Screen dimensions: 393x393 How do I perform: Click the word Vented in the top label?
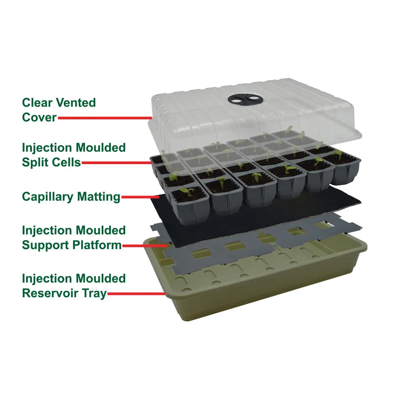pyautogui.click(x=76, y=103)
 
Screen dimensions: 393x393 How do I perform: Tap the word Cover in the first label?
pyautogui.click(x=39, y=117)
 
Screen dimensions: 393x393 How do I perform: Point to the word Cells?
pyautogui.click(x=67, y=162)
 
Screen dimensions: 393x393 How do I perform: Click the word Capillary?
pyautogui.click(x=48, y=197)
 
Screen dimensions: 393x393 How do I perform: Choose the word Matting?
pyautogui.click(x=99, y=197)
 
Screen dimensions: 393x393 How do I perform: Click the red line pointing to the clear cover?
pyautogui.click(x=105, y=118)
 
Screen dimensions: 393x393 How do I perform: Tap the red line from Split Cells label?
pyautogui.click(x=117, y=163)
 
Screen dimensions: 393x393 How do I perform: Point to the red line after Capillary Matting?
pyautogui.click(x=140, y=197)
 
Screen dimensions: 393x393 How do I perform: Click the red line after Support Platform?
pyautogui.click(x=145, y=246)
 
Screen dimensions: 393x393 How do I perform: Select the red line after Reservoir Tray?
pyautogui.click(x=137, y=294)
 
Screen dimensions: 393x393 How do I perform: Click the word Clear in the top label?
pyautogui.click(x=37, y=103)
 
